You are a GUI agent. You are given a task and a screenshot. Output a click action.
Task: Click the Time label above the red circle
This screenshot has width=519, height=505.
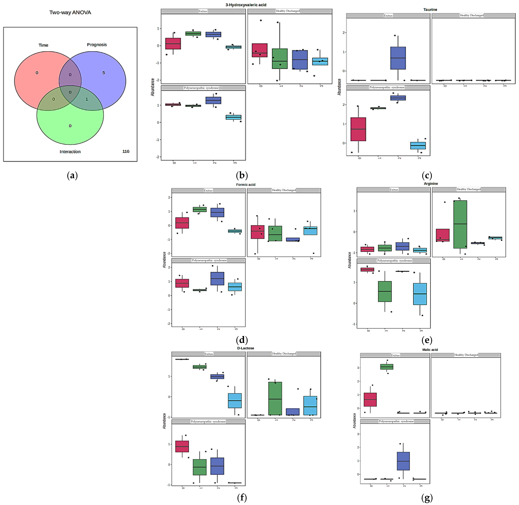tap(43, 45)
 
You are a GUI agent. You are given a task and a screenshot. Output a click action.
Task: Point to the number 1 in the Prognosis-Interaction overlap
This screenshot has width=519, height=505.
tap(87, 99)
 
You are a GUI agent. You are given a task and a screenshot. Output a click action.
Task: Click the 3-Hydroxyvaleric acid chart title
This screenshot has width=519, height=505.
tap(246, 5)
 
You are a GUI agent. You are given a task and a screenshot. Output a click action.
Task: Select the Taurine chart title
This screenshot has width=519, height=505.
tap(430, 10)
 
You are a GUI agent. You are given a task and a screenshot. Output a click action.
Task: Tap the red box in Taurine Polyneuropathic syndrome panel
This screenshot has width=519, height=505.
tap(358, 129)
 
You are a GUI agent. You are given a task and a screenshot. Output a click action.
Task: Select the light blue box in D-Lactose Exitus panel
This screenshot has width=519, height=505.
tap(235, 401)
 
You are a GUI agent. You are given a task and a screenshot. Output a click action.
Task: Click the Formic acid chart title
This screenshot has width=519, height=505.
tap(246, 185)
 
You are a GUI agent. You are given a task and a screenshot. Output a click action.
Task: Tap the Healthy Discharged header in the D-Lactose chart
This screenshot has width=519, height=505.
tap(284, 354)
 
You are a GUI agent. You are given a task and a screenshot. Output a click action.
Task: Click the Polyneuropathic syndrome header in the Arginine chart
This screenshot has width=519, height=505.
tap(395, 261)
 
